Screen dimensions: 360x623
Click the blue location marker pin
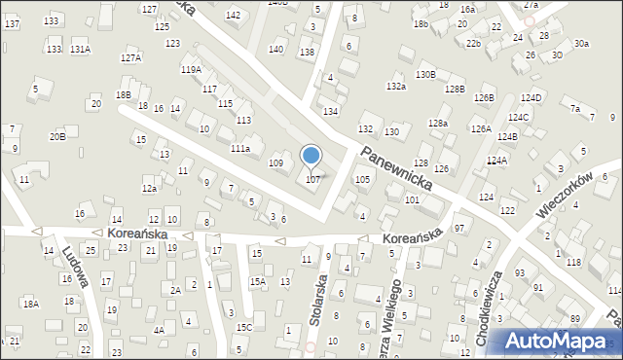(311, 156)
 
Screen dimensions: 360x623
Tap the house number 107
(312, 179)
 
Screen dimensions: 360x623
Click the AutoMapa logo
(562, 342)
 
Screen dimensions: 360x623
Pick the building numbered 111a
(240, 148)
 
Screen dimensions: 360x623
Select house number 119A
(191, 70)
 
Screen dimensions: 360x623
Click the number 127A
(130, 58)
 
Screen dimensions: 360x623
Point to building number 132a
(395, 87)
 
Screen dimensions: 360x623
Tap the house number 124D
(531, 98)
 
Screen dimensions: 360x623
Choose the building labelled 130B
(425, 74)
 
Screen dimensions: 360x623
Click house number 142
(234, 15)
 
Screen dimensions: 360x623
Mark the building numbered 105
(362, 180)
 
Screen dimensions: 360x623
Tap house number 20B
(57, 136)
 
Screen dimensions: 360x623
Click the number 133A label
(80, 49)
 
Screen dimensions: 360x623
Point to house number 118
(574, 263)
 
